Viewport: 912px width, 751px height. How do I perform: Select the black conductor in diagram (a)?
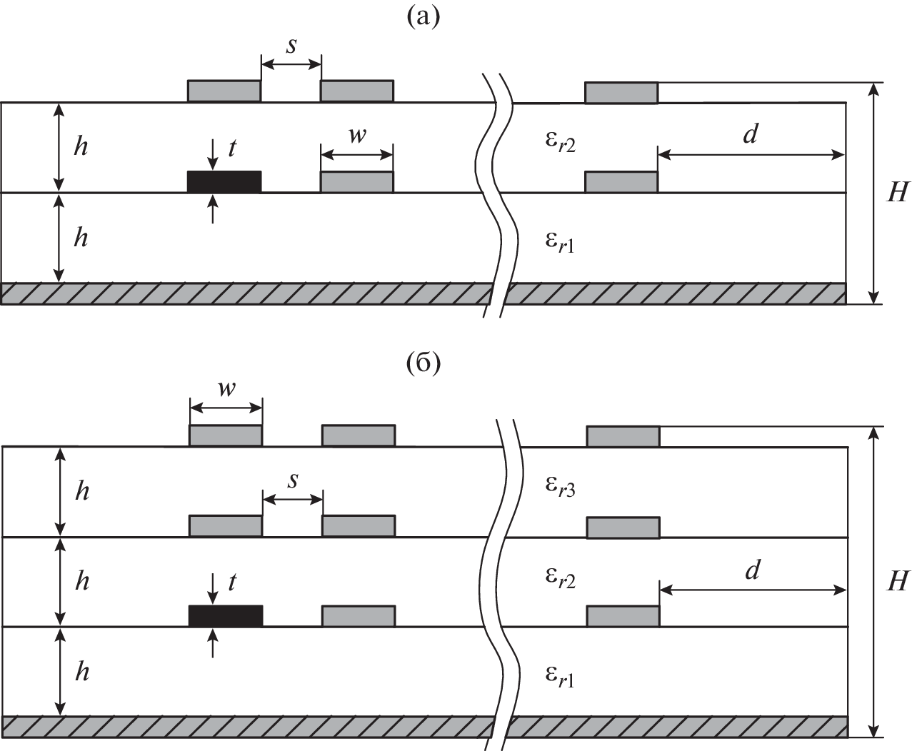(x=224, y=182)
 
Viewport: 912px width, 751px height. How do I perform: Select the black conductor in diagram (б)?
(x=226, y=615)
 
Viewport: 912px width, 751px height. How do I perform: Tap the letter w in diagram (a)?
(x=357, y=136)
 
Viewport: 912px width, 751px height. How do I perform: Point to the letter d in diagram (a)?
(x=750, y=134)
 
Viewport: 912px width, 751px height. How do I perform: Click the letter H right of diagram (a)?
(x=896, y=193)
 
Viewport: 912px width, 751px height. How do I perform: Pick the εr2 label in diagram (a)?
(x=561, y=143)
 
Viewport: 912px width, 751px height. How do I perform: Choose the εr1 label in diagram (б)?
(x=560, y=677)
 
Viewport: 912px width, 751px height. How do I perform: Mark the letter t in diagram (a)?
(x=231, y=148)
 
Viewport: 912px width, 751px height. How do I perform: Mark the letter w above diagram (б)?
(x=226, y=390)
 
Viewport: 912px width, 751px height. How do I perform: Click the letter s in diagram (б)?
(x=293, y=480)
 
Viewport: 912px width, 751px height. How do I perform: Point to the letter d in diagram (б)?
(x=752, y=571)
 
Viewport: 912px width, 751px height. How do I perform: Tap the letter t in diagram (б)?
(x=232, y=583)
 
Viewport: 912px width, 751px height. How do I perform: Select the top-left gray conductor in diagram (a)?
(x=224, y=91)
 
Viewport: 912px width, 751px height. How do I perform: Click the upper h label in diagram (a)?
(x=81, y=147)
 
